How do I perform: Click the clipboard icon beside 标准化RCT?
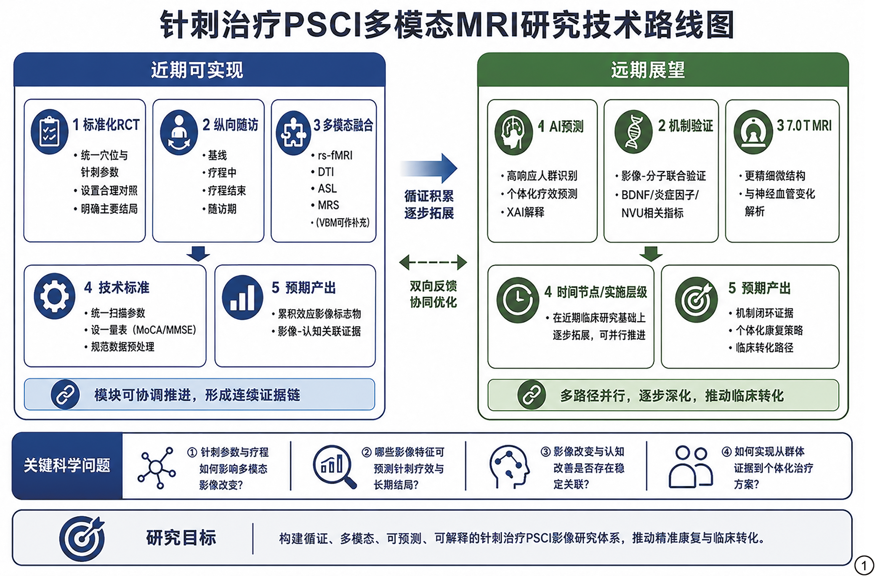[50, 132]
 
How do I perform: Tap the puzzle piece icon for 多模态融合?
[293, 133]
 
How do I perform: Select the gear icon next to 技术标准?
[55, 296]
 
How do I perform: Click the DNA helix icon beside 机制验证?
[633, 132]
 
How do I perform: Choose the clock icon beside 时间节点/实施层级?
[518, 300]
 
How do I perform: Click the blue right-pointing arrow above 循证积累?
[429, 168]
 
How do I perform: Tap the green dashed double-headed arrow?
[433, 262]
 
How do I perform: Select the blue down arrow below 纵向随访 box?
[198, 254]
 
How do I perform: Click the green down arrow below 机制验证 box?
[651, 254]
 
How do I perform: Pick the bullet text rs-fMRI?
[335, 156]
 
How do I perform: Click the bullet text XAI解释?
[525, 212]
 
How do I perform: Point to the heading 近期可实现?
[197, 70]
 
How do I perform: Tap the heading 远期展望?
[648, 70]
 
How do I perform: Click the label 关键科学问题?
[67, 465]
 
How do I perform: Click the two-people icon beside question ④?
[691, 466]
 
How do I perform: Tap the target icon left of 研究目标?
[82, 539]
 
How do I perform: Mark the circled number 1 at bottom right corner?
[864, 565]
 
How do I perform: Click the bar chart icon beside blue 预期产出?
[242, 298]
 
